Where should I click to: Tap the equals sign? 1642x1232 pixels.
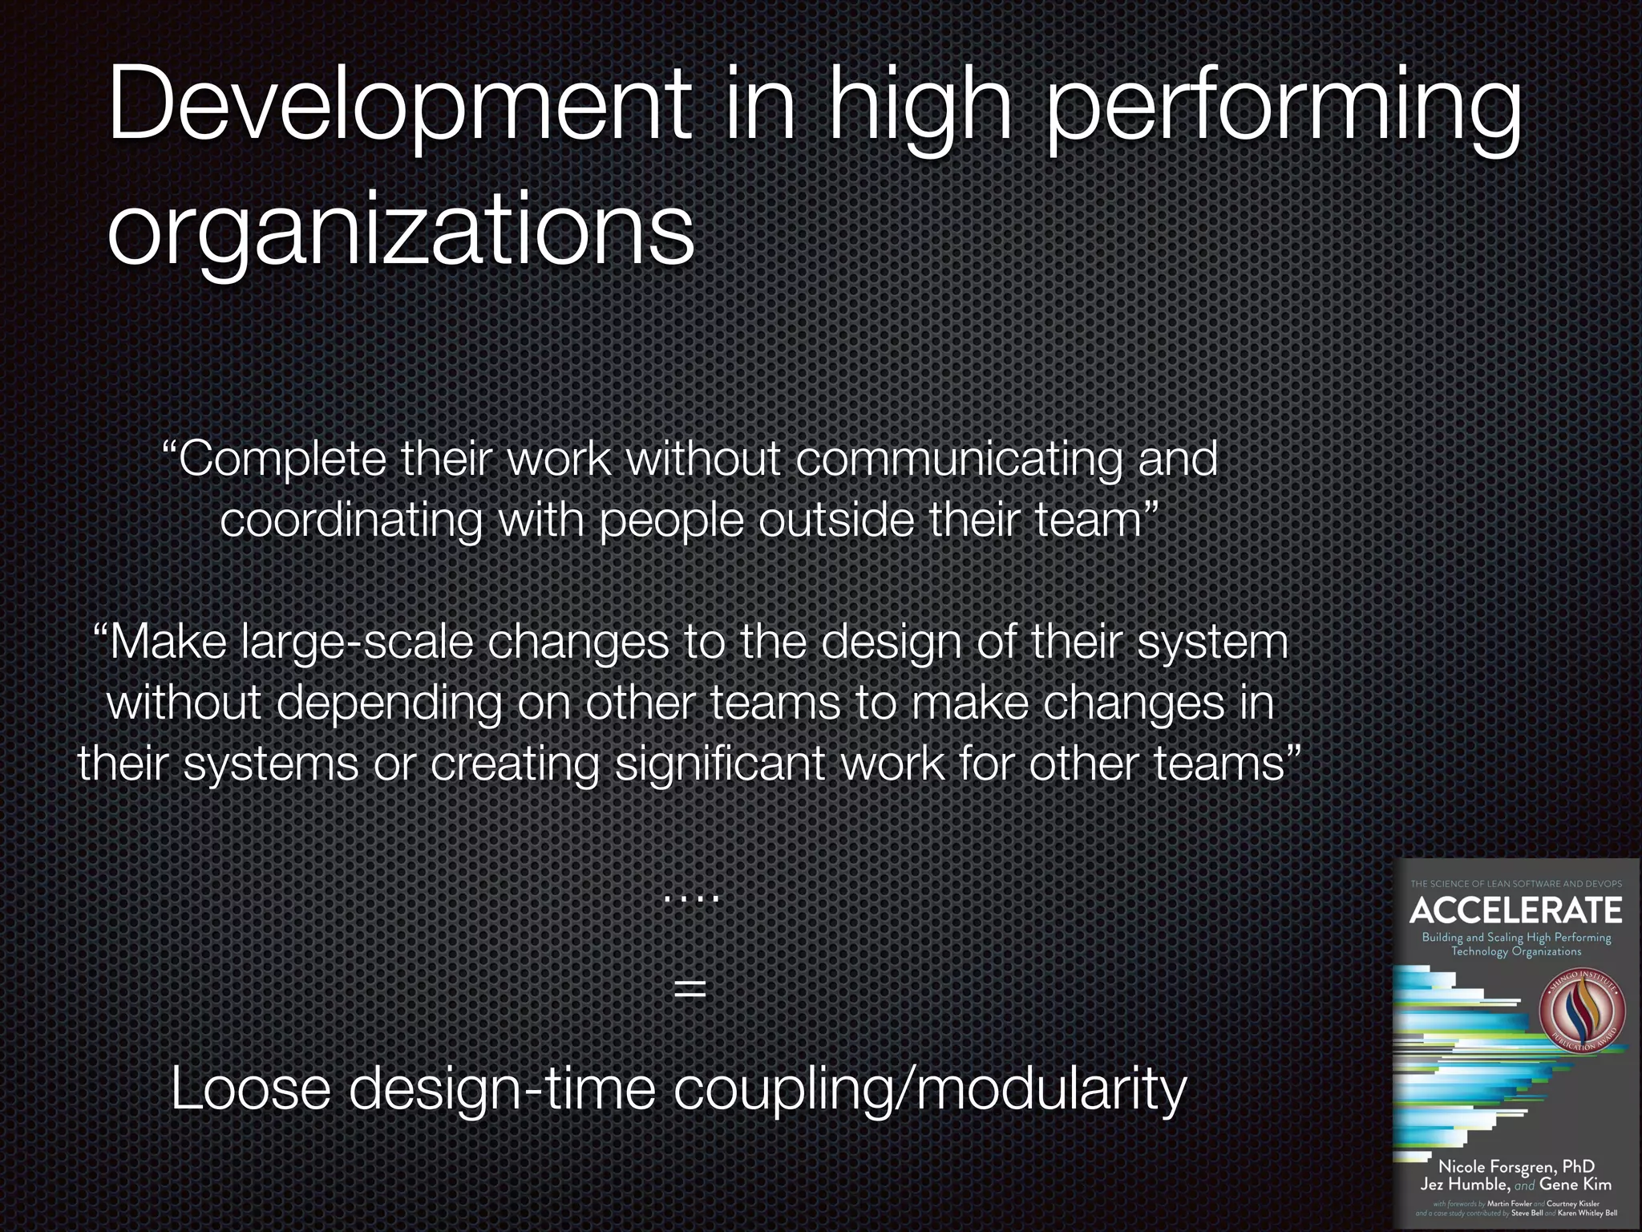(x=690, y=988)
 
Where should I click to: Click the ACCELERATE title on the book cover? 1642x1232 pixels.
(x=1516, y=910)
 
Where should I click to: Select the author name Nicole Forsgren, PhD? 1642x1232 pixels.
(x=1516, y=1166)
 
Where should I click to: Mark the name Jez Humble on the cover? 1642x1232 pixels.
(x=1466, y=1184)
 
